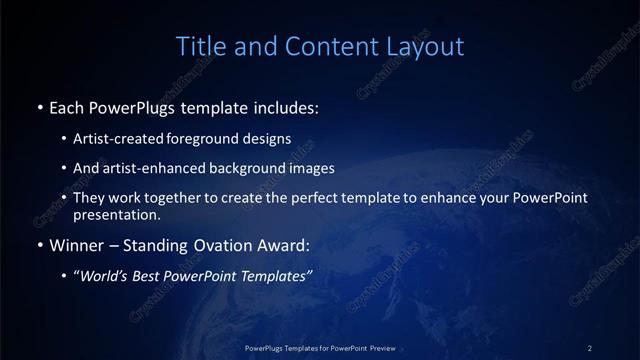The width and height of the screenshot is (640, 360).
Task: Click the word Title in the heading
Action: [x=198, y=46]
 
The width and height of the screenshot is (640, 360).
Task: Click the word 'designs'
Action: [x=268, y=138]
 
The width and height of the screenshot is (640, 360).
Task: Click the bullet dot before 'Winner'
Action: [x=39, y=245]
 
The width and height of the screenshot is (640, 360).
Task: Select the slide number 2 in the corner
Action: [x=590, y=347]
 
